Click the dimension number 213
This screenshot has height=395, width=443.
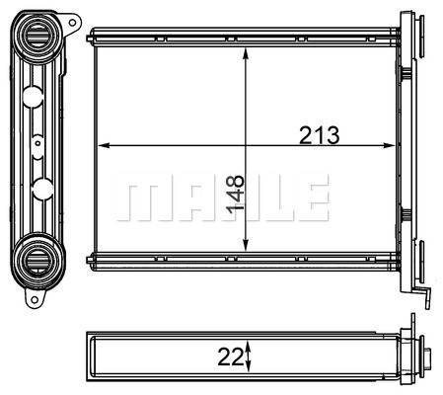tap(319, 135)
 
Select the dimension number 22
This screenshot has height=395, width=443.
tap(230, 356)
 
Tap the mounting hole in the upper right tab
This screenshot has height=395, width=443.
tap(72, 23)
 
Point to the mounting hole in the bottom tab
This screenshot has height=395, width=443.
tap(35, 299)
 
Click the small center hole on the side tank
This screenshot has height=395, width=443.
tap(37, 143)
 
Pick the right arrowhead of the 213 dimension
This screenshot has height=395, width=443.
tap(389, 145)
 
